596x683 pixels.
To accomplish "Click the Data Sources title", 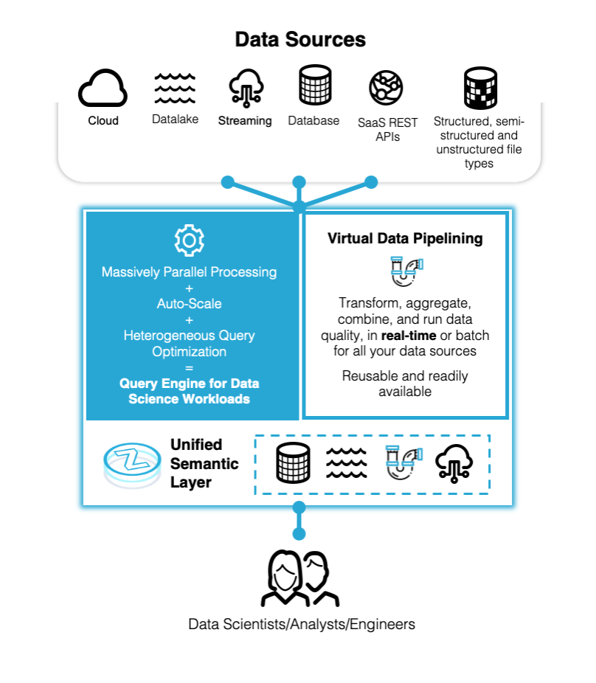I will (300, 39).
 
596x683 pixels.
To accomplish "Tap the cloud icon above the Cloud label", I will (103, 89).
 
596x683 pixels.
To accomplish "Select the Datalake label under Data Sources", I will (175, 119).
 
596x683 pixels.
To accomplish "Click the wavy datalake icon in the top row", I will (175, 89).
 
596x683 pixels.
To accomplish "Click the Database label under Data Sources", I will (313, 120).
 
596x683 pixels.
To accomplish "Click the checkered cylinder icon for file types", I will (479, 89).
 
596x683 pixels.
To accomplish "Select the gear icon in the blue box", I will (189, 240).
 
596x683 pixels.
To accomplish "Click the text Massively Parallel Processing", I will (189, 271).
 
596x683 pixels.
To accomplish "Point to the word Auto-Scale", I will (189, 303).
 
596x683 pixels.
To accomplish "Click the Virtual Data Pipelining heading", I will (405, 238).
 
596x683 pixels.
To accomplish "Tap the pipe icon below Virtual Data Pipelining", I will (405, 271).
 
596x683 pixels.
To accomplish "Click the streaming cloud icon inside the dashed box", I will (454, 462).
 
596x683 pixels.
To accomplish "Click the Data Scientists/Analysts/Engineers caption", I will (302, 624).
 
